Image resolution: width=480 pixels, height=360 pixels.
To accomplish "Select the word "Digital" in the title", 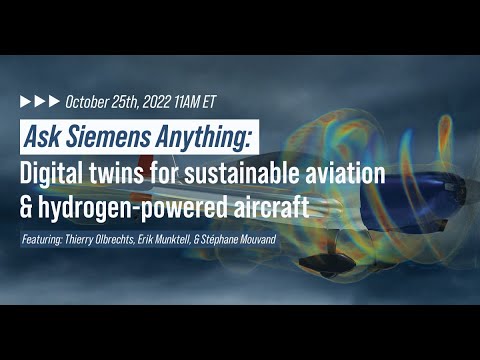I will (54, 171).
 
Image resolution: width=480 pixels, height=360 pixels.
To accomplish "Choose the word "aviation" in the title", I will (340, 171).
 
